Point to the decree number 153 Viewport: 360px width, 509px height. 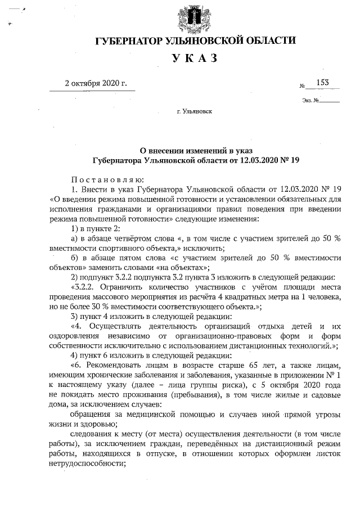[x=323, y=83]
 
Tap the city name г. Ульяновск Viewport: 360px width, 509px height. [x=194, y=112]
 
